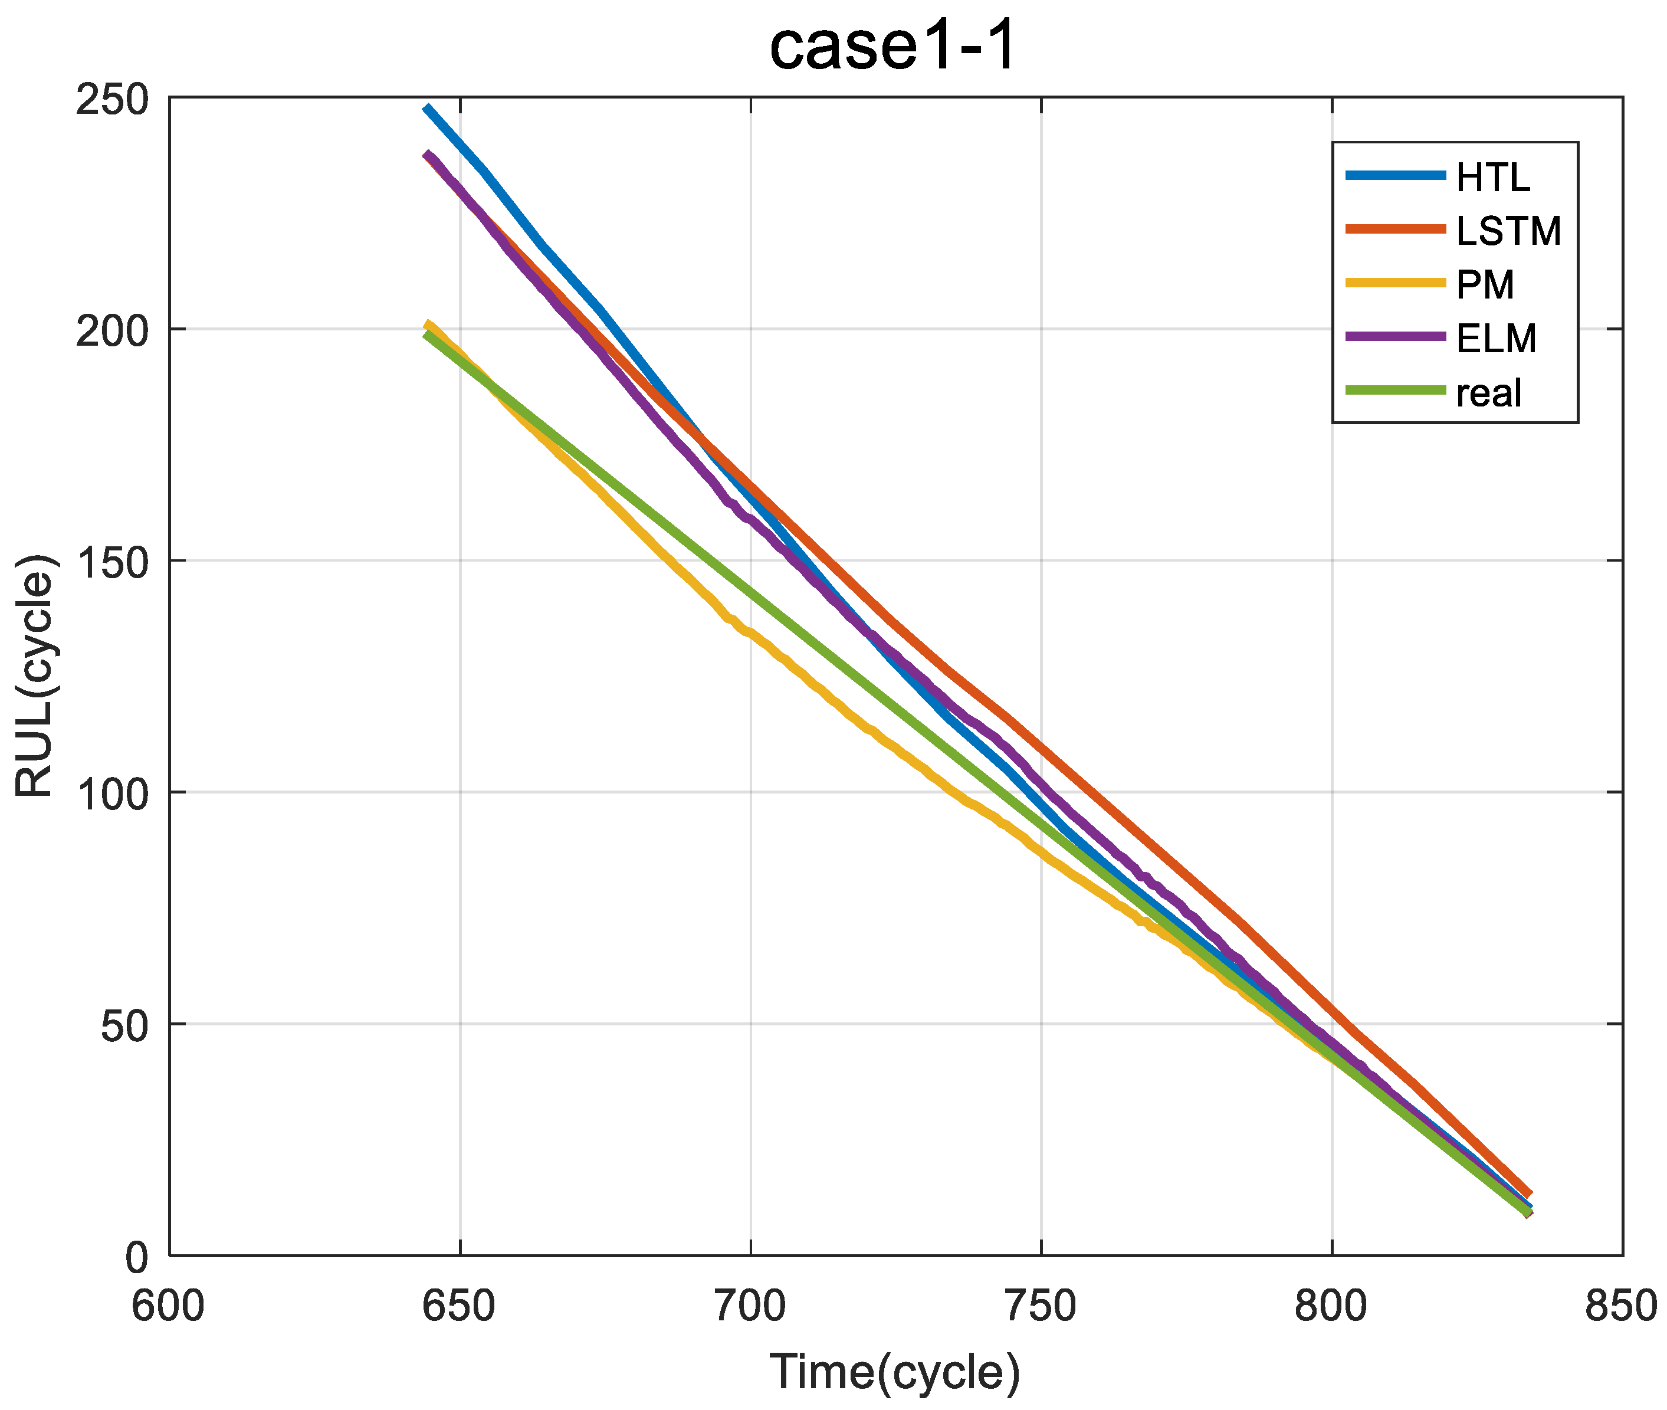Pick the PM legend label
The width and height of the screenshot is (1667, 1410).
(1485, 284)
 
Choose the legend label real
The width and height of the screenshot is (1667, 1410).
(1489, 392)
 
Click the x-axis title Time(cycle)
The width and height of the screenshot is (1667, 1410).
(894, 1372)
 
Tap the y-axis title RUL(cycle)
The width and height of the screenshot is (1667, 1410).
(35, 676)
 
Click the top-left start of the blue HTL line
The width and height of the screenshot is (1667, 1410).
(426, 107)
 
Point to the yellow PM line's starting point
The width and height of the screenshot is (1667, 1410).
(428, 324)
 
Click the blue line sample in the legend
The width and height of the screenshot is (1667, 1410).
(1395, 176)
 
